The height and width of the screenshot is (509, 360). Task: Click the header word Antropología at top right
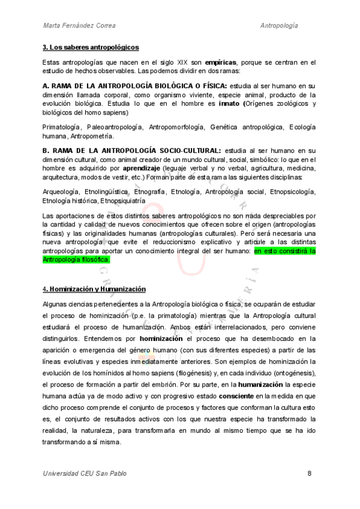coord(280,25)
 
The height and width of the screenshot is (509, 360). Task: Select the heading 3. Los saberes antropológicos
coord(91,47)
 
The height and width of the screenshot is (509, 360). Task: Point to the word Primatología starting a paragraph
coord(62,127)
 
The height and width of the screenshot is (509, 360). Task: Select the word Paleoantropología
coord(115,127)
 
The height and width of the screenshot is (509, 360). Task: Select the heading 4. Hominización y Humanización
coord(94,289)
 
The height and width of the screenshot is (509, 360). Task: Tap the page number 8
coord(308,473)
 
